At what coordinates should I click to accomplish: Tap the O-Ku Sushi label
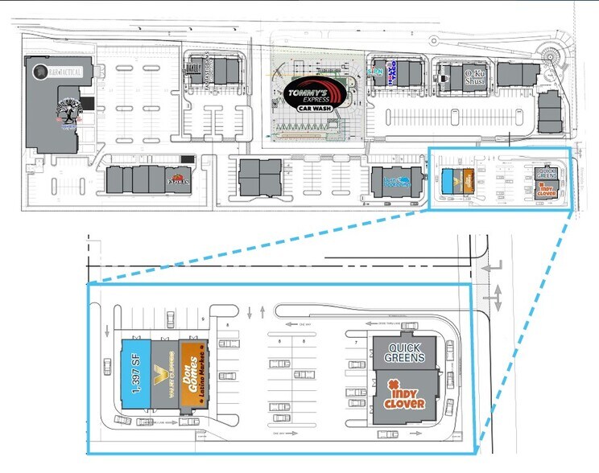(474, 78)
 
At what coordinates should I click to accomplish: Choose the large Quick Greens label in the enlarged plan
(405, 352)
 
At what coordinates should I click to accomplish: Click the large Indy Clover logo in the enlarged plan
(405, 397)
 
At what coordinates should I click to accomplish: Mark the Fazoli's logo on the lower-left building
(178, 179)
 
